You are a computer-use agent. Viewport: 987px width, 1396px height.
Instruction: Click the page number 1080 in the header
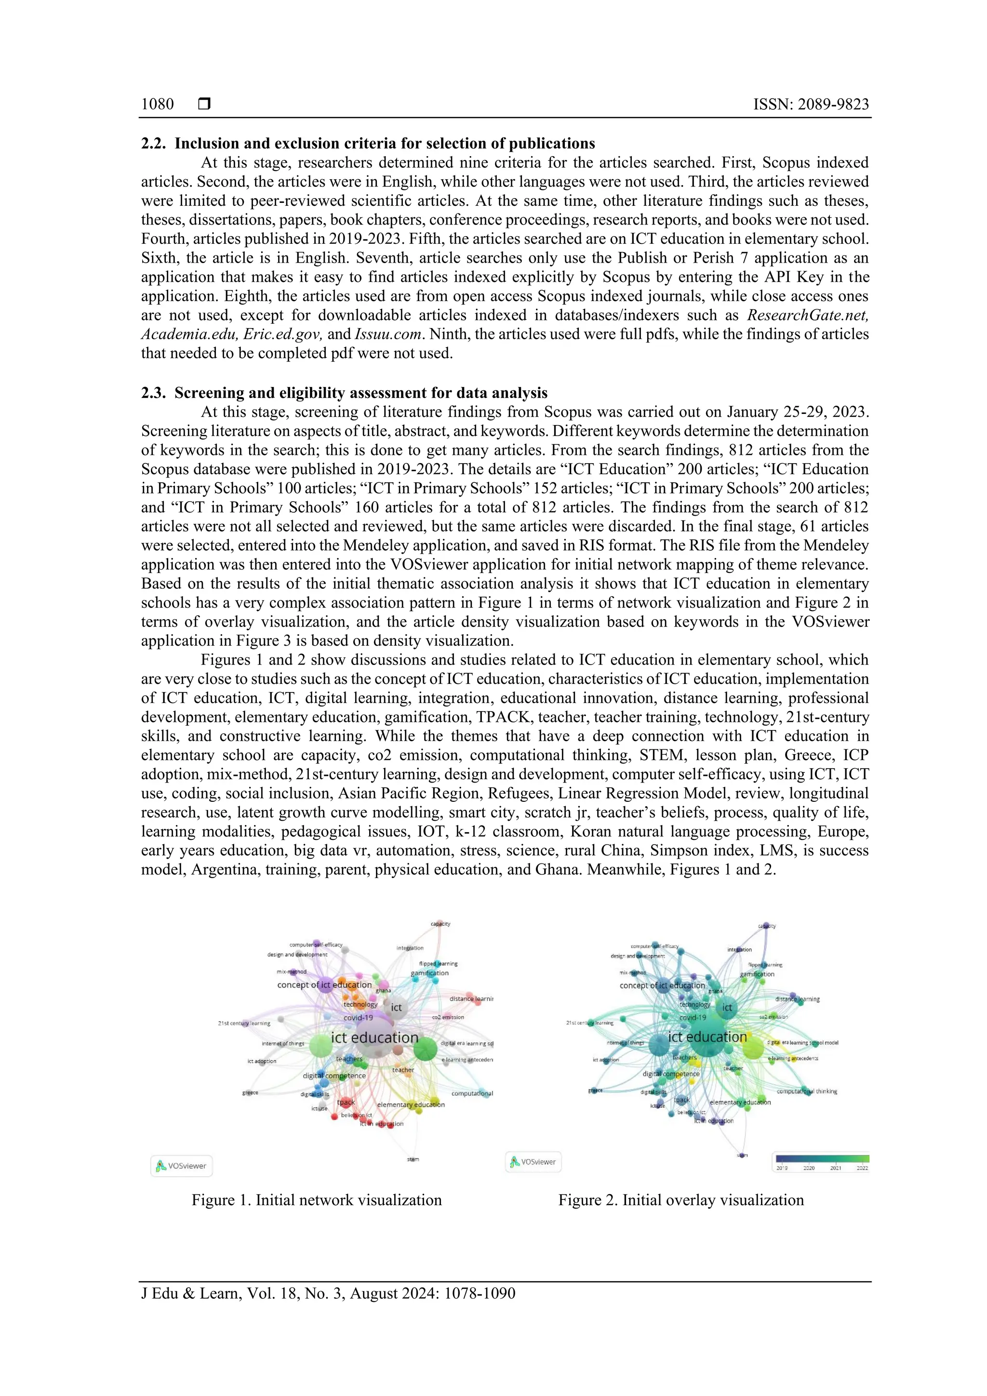[x=157, y=104]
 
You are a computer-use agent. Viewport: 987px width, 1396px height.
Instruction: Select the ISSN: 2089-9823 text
[x=811, y=104]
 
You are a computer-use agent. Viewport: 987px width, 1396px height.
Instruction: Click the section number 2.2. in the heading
[x=153, y=144]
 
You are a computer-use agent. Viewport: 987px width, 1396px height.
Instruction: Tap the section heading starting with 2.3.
[x=344, y=393]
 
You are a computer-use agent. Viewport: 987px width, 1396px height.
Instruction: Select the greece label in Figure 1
[x=251, y=1092]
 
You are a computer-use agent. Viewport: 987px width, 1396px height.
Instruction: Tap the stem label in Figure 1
[x=413, y=1159]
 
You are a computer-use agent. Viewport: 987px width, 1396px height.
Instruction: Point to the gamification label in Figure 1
[x=430, y=973]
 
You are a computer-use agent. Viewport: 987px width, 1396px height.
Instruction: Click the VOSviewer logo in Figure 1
[x=181, y=1166]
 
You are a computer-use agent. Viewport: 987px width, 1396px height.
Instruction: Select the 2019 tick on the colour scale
[x=782, y=1168]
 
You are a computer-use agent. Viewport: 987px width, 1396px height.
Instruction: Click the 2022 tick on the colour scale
[x=862, y=1168]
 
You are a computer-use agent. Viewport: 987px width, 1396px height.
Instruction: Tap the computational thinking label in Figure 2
[x=807, y=1091]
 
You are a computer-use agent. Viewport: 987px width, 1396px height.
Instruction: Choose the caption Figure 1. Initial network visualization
[x=316, y=1199]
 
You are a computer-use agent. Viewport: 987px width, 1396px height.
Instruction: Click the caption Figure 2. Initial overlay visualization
[x=681, y=1199]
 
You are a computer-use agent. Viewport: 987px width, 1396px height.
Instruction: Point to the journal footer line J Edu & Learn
[x=328, y=1293]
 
